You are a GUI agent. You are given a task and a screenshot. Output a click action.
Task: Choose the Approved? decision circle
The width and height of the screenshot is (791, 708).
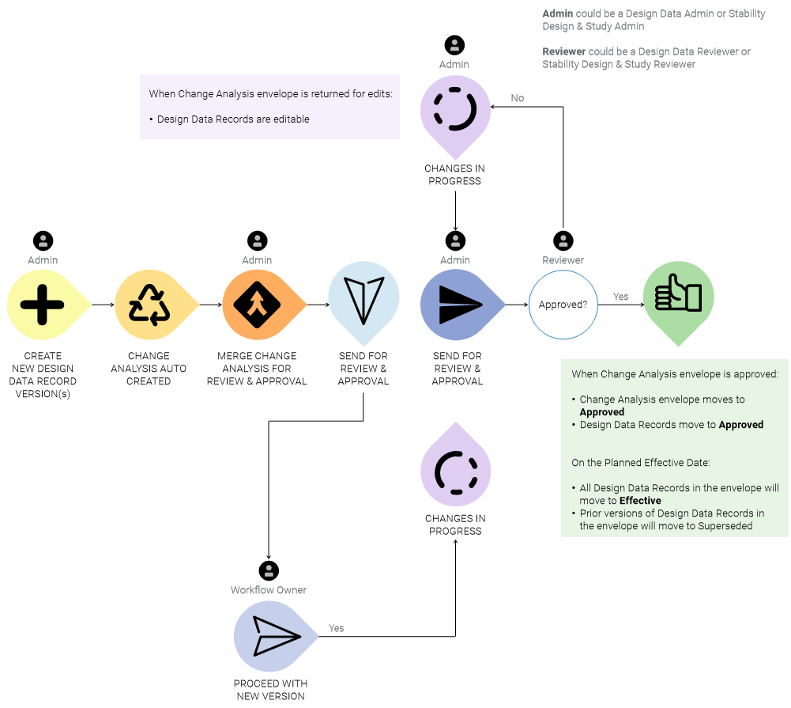pos(563,305)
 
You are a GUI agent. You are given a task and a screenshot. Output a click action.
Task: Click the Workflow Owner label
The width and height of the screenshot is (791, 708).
pos(269,590)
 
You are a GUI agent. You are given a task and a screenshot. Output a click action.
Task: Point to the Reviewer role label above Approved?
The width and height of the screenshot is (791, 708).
pos(563,260)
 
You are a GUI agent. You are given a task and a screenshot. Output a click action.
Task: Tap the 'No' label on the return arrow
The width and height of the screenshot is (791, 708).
pos(518,98)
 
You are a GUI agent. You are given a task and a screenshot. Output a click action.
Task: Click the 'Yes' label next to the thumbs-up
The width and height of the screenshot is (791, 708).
pos(621,297)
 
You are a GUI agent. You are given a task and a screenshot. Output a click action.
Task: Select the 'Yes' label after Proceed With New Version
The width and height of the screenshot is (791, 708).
pos(337,628)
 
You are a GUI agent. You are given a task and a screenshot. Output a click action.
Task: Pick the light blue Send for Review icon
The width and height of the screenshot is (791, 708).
pos(363,301)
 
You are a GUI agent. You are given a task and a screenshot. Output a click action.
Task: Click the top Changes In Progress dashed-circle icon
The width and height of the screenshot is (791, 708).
pos(455,112)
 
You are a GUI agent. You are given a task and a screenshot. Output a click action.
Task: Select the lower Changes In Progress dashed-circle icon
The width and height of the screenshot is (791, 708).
pos(456,472)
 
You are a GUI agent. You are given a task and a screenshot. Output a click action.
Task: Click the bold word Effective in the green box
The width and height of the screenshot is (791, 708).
pos(640,501)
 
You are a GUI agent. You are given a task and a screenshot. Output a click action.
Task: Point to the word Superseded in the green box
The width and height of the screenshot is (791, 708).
pos(726,526)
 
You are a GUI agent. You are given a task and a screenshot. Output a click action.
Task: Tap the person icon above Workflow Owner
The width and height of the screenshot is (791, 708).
pos(269,570)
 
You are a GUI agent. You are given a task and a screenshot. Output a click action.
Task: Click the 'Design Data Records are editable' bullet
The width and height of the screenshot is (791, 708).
pos(233,119)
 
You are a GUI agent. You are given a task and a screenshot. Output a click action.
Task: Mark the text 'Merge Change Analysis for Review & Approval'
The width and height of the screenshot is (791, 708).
pos(257,369)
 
